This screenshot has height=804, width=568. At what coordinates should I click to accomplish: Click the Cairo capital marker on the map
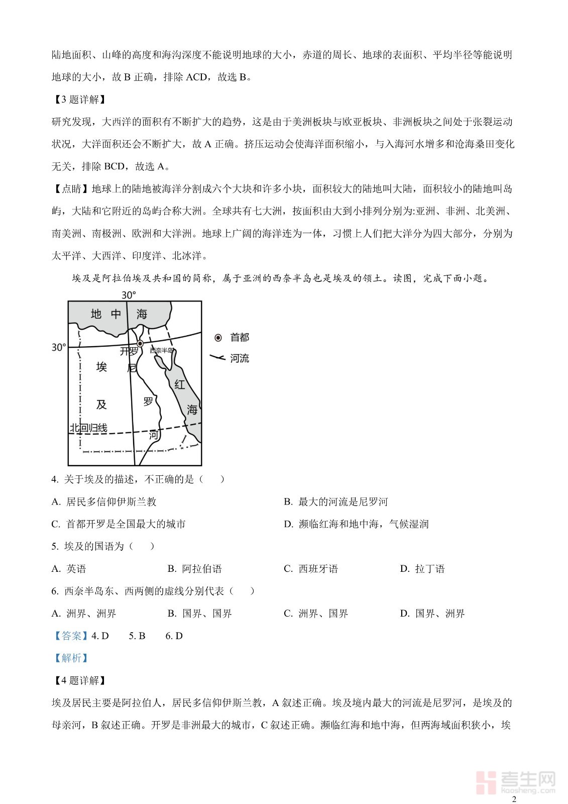(x=140, y=343)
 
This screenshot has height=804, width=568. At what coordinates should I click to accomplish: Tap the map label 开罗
(x=129, y=351)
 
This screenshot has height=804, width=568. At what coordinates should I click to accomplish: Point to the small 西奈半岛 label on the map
(x=162, y=350)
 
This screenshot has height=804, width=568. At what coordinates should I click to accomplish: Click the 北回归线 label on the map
(x=88, y=428)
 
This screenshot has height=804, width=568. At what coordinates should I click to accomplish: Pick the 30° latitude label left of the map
(x=59, y=347)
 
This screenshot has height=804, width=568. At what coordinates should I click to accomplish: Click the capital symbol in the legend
(x=218, y=338)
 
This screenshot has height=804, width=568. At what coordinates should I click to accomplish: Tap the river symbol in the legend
(x=217, y=358)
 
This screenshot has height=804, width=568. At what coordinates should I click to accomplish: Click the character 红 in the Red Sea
(x=180, y=385)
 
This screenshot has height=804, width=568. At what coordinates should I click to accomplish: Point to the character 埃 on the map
(x=101, y=367)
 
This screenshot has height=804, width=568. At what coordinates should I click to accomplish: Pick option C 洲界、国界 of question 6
(x=316, y=614)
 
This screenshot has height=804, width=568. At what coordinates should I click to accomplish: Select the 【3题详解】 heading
(x=79, y=99)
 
